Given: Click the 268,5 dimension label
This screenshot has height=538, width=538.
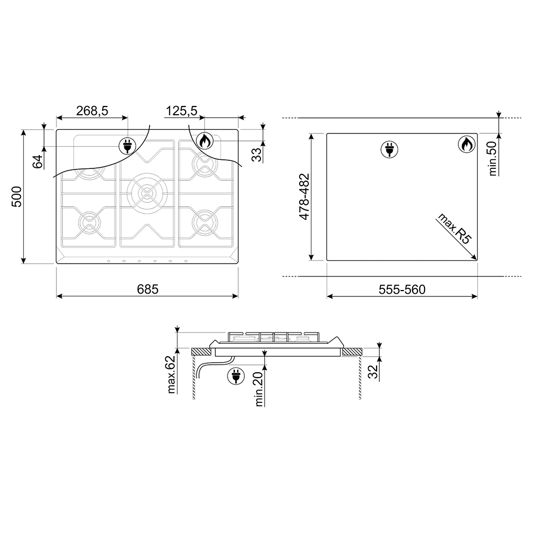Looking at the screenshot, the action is pos(92,111).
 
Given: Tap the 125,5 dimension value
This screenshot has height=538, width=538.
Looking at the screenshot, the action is pos(181,111).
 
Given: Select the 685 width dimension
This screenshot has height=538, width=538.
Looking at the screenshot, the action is pos(147,289).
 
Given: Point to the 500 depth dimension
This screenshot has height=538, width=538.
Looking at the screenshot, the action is pos(17,196).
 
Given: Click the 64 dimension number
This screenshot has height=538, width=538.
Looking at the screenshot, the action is pos(38,161).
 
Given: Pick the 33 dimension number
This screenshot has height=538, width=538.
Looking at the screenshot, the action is pos(256,154).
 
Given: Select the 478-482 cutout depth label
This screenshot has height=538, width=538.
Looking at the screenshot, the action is pos(305,196).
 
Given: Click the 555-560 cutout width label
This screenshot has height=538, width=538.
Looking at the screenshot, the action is pos(402,290).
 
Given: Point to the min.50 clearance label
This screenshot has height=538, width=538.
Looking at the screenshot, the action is pos(493,159).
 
